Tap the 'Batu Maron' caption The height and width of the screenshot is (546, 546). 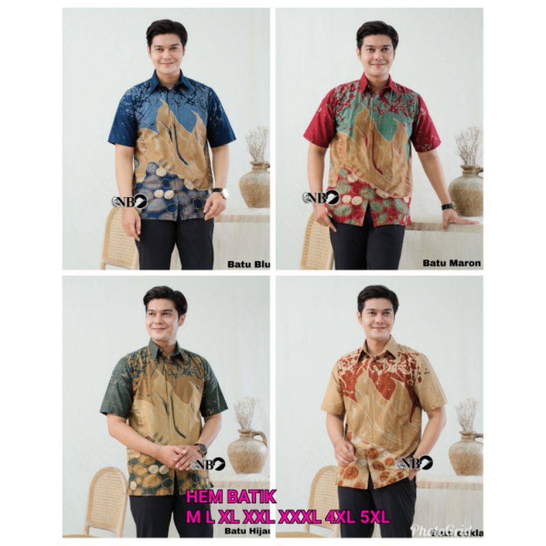click(451, 262)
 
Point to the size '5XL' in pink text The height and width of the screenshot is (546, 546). click(373, 517)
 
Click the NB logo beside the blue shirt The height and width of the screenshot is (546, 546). click(129, 201)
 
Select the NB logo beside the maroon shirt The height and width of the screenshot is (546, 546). click(320, 198)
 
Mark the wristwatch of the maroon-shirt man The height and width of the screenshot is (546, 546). click(448, 206)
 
